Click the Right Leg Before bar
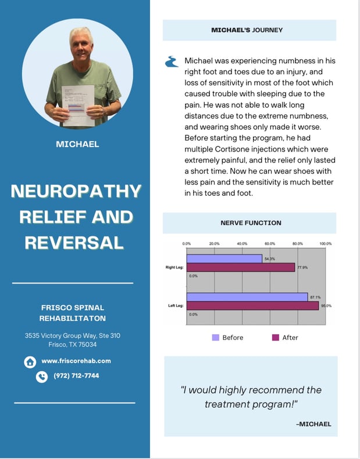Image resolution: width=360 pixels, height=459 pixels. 224,259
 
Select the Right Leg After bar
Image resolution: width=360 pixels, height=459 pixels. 241,268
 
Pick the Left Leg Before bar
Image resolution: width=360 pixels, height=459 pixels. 247,297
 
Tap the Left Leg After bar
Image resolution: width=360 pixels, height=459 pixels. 252,306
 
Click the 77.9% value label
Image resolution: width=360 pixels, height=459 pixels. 302,268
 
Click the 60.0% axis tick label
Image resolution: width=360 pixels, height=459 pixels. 270,243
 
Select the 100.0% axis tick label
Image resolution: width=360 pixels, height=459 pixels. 325,243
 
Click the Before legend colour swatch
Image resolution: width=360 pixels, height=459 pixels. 215,338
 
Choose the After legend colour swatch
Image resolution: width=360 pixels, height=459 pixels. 276,338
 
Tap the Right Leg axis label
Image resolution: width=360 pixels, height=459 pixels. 174,268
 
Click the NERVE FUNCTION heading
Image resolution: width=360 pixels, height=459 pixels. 251,223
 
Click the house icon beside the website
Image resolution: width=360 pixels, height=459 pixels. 30,362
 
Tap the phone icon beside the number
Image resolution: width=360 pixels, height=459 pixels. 41,376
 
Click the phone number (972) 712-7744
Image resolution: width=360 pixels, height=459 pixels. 76,376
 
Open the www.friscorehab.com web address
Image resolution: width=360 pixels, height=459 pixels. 76,361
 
